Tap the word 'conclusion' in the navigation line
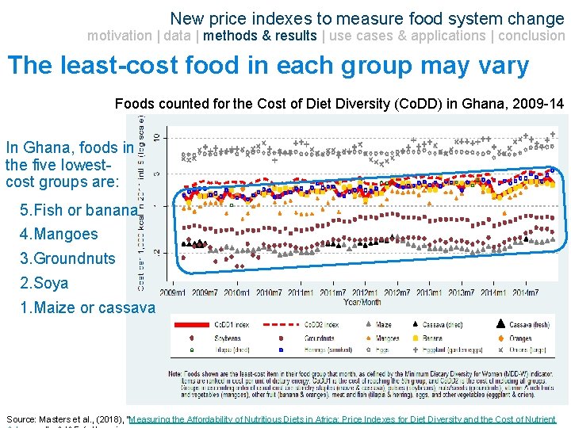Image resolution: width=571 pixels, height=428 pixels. pos(531,36)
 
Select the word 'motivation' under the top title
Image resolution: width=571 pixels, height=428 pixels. pos(119,36)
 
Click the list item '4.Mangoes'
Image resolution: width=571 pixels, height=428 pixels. pos(59,234)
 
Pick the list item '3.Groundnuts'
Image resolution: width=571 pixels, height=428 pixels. pos(67,258)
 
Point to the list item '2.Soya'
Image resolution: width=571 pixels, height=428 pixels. pos(44,283)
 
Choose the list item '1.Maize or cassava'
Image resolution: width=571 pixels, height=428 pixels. pos(87,308)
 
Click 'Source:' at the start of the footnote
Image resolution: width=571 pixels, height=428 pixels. pos(21,418)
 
